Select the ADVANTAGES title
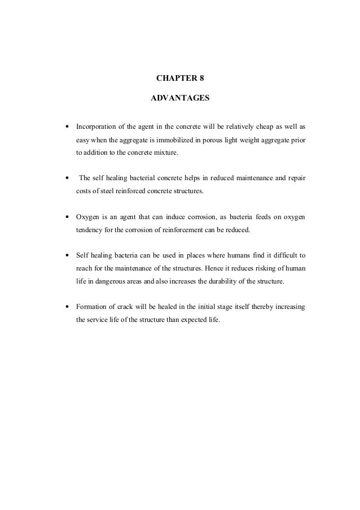point(180,98)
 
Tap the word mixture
point(164,153)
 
